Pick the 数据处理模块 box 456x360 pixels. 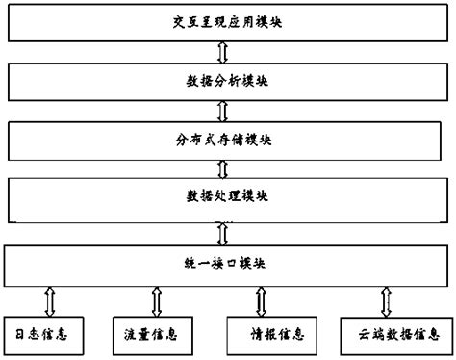[226, 198]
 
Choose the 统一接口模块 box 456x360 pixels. [226, 262]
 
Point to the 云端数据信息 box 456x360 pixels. [391, 334]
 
